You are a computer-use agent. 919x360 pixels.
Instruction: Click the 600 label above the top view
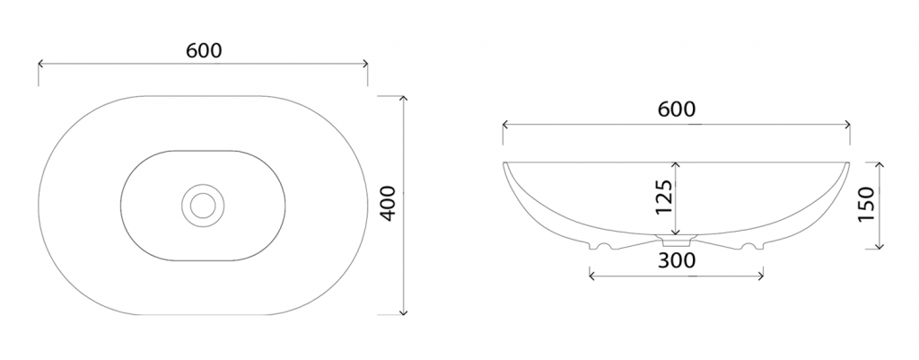[204, 51]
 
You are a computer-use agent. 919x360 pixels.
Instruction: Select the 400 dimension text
[389, 204]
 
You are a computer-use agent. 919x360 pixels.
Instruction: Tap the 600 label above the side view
[677, 109]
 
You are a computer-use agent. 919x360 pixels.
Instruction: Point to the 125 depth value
[663, 198]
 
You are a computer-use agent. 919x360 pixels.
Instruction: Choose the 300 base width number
[677, 260]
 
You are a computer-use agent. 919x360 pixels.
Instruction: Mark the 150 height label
[866, 204]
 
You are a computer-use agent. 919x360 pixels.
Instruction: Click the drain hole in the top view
[203, 206]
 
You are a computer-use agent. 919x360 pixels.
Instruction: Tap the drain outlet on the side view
[677, 240]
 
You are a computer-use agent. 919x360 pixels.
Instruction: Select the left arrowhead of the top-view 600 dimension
[41, 64]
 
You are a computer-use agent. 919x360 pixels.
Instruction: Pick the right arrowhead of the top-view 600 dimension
[365, 64]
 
